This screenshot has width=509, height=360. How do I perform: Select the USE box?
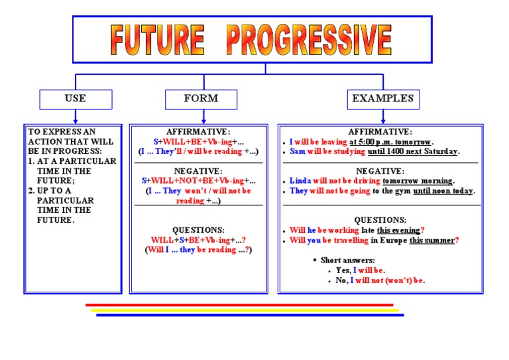(75, 99)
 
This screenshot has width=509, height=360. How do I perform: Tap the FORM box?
(200, 99)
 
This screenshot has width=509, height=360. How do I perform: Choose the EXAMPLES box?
(382, 99)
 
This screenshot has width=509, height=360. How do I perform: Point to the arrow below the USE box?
(75, 116)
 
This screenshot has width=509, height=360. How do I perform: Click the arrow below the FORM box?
(200, 116)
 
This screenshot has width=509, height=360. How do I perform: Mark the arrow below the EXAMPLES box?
(382, 116)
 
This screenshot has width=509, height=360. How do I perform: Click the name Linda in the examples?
(300, 181)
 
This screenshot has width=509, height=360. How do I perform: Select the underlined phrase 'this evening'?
(398, 231)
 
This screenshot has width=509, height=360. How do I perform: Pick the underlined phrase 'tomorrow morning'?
(417, 181)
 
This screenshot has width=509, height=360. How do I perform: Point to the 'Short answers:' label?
(347, 261)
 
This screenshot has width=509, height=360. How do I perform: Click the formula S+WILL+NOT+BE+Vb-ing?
(193, 181)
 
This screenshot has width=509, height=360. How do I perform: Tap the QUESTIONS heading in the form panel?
(198, 230)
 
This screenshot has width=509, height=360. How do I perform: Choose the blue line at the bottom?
(249, 315)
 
